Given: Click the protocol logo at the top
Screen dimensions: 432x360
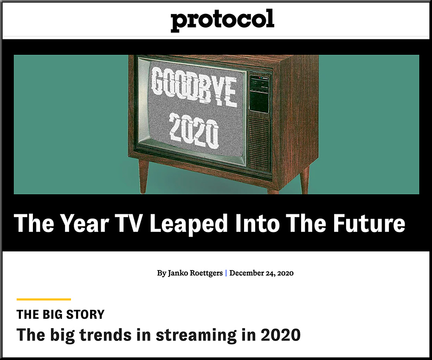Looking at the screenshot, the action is [222, 20].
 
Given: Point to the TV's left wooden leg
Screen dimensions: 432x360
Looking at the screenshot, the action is [143, 177].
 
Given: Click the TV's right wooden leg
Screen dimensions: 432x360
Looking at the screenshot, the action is [304, 180].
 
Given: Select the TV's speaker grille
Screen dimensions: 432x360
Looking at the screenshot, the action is [258, 143].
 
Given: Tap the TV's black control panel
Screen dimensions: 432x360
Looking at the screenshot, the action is [259, 93].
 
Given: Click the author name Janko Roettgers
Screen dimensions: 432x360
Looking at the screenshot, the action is [195, 273].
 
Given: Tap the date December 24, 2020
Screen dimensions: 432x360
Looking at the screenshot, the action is [261, 273].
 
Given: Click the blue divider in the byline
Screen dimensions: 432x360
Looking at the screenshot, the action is [226, 273].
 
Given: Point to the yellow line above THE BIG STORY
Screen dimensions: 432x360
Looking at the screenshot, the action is [44, 299].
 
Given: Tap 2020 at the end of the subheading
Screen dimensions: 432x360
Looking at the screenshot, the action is [280, 335].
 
